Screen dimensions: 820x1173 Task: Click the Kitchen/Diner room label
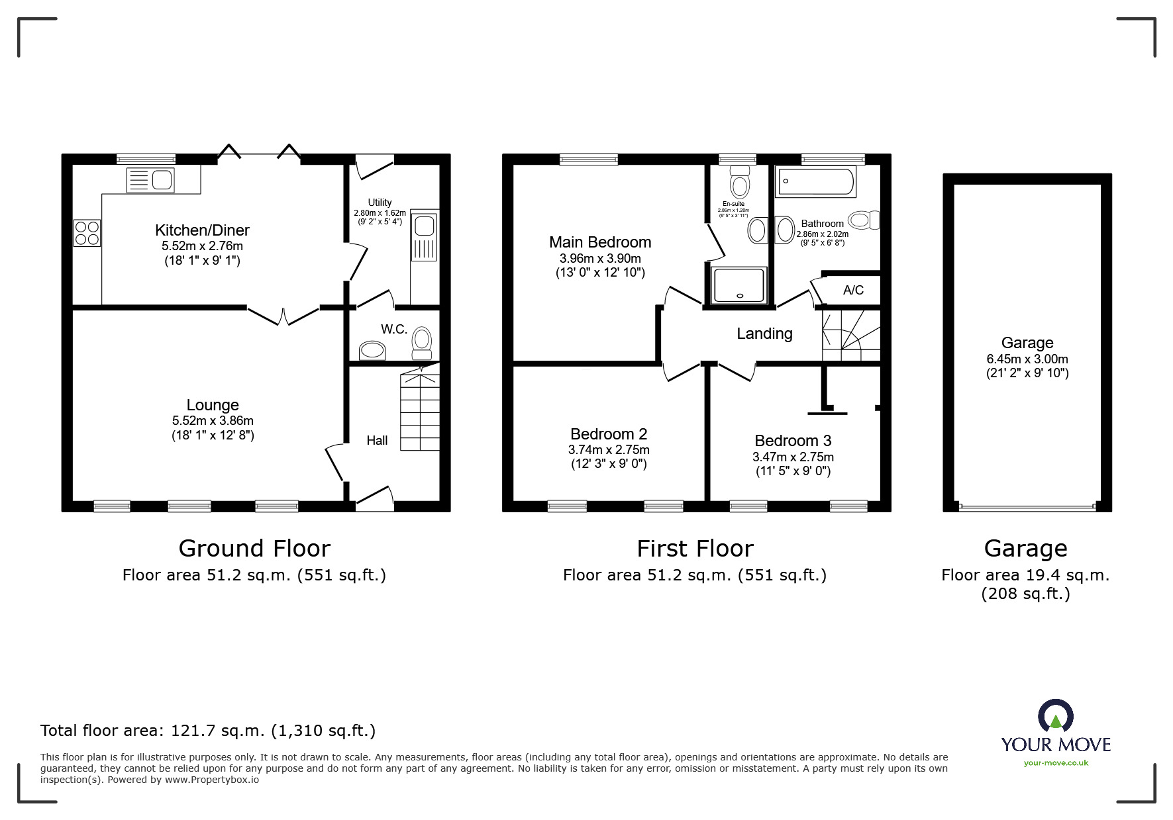202,230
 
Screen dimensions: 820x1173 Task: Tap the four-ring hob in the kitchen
87,232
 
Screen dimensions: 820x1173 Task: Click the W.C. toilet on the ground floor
421,342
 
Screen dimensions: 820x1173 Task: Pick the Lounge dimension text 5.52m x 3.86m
213,420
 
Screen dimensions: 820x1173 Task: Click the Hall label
377,440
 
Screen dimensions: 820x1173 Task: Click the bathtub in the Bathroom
815,181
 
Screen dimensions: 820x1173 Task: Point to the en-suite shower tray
739,285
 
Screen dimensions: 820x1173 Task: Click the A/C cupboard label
853,290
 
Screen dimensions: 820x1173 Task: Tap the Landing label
764,334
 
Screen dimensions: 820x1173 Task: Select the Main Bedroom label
600,242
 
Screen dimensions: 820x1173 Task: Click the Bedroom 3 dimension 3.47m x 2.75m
793,457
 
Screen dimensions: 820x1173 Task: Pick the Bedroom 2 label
609,434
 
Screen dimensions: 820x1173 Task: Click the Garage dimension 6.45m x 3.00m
1027,359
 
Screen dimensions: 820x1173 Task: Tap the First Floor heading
695,549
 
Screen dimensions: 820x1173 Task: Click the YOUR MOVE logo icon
1055,717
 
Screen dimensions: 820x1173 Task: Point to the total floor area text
208,731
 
